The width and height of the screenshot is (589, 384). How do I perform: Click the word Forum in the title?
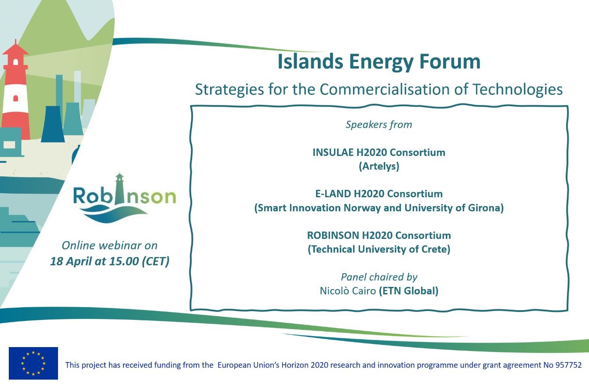coord(450,62)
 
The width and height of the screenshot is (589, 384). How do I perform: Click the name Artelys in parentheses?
coord(379,166)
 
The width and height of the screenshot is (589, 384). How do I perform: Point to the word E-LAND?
coord(333,194)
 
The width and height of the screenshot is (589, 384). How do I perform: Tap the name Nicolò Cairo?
coord(348,291)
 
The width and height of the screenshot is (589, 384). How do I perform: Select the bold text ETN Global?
coord(409,291)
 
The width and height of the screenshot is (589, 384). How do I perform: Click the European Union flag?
coord(33,363)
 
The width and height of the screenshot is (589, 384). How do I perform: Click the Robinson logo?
coord(124,198)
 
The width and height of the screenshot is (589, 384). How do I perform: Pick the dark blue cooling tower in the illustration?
coord(53,124)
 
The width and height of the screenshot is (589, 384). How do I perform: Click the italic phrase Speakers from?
coord(379,125)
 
